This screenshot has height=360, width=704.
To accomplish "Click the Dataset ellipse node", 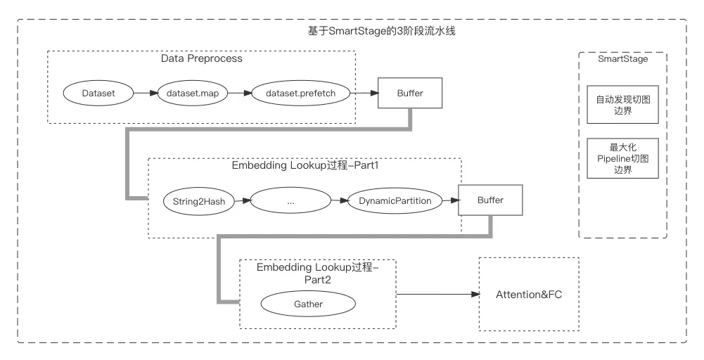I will [98, 93].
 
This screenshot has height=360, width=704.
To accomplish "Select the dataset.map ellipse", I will [193, 93].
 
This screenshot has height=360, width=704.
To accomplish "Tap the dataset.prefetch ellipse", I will [300, 93].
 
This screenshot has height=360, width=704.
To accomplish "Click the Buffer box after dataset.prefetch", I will [410, 93].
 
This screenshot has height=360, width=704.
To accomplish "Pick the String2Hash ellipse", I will [199, 201].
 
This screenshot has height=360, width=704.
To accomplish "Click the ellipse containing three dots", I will [290, 201].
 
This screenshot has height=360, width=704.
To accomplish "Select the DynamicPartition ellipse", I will [395, 201].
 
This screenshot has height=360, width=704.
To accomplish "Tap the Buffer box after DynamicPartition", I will [490, 200].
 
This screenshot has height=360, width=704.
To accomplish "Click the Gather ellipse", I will [308, 304].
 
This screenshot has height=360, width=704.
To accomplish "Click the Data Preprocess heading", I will [201, 59].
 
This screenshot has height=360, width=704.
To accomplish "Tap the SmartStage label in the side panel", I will [622, 59].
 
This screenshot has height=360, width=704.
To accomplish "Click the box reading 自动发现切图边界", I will [622, 105].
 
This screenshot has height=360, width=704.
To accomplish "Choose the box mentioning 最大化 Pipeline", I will [622, 158].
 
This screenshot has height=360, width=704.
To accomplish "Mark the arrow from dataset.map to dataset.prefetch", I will [241, 93].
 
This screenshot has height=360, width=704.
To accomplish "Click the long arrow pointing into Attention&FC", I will [436, 294].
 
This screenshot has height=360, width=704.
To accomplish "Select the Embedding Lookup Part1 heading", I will [305, 167].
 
